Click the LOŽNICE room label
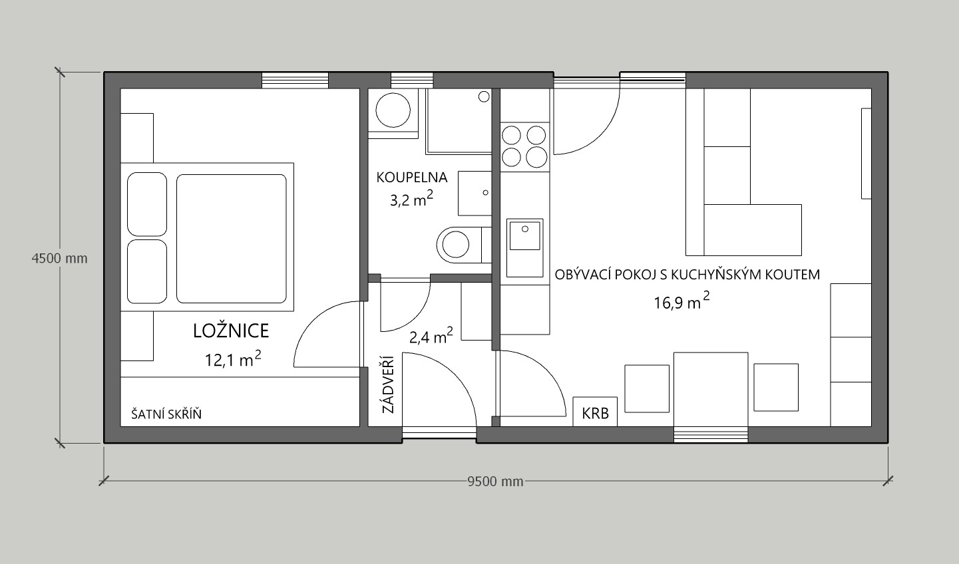coord(231,331)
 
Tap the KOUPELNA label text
coord(412,177)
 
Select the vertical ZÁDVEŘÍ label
coord(388,384)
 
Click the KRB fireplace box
coord(595,412)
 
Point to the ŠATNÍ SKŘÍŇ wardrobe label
coord(166,414)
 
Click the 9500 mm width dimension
coord(495,482)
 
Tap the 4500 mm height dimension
coord(59,259)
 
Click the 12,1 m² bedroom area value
coord(233,358)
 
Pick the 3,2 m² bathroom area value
coord(411,199)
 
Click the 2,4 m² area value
coord(431,335)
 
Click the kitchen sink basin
coord(525,235)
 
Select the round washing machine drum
coord(393,110)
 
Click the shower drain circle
coord(484,96)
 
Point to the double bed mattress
coord(232,238)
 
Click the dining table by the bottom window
coord(711,389)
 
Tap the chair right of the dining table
coord(776,387)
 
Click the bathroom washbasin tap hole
coord(486,193)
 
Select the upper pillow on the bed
coord(147,204)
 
